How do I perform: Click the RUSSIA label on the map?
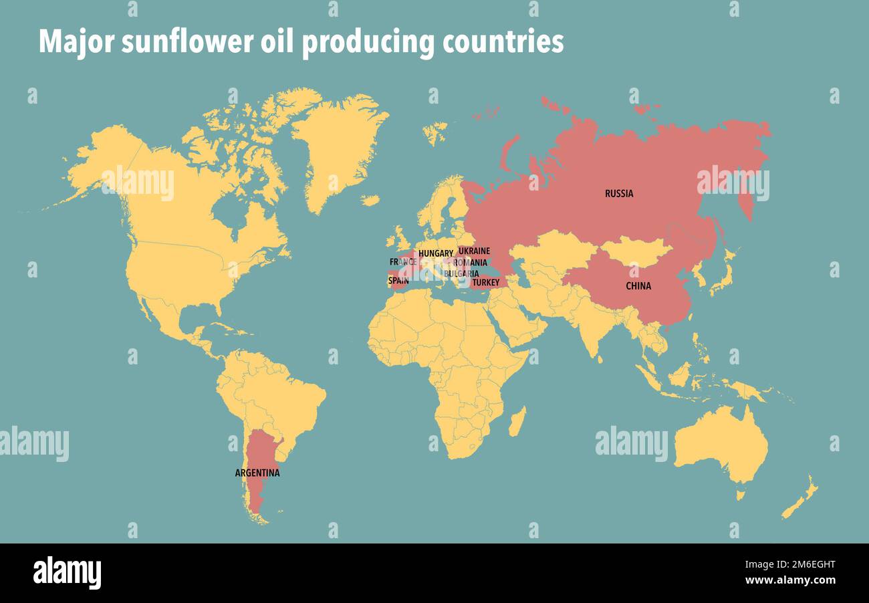tap(619, 194)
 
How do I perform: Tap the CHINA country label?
tap(638, 286)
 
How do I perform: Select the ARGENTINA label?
tap(257, 473)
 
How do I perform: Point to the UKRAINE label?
tap(474, 251)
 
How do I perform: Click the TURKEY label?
tap(485, 283)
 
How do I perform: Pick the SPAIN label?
tap(398, 281)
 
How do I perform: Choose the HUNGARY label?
tap(436, 254)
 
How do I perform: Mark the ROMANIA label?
tap(470, 263)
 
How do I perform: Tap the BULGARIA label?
tap(461, 273)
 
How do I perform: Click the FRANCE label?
tap(403, 262)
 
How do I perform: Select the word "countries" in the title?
tap(502, 42)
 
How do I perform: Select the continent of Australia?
tap(721, 445)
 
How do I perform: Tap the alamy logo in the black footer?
tap(67, 573)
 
